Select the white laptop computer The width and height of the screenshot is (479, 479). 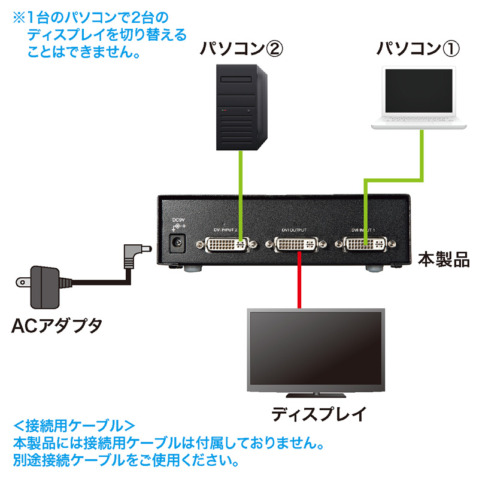418,99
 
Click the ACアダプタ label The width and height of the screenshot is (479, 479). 57,326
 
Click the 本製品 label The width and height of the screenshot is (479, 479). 443,261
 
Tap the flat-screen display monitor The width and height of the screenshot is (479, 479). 316,350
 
